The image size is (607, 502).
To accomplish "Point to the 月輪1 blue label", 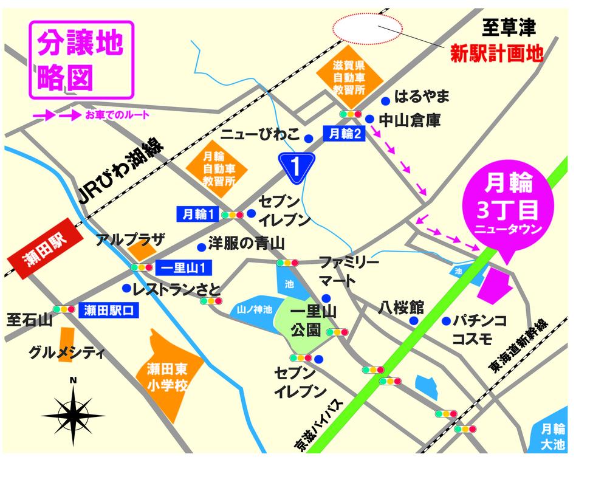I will (x=198, y=214).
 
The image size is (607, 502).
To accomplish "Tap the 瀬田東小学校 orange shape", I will (x=170, y=376).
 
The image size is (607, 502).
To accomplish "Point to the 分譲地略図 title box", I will (x=81, y=61).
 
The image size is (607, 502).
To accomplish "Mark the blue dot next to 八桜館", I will (x=414, y=320).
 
